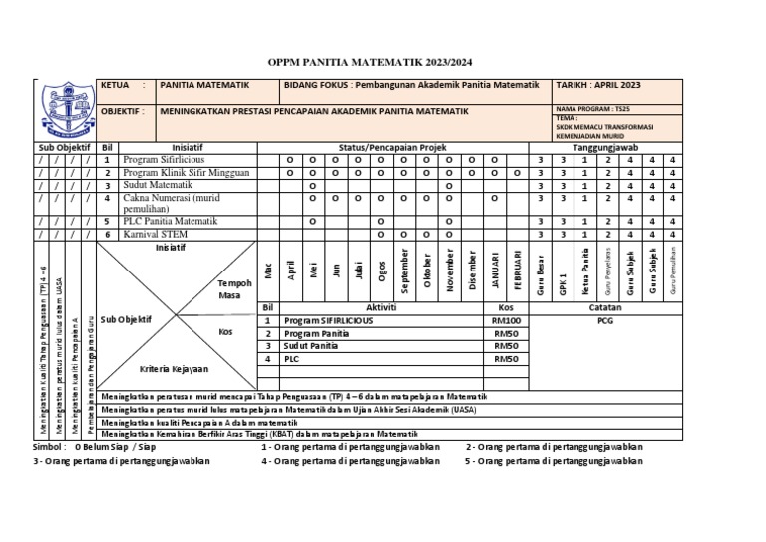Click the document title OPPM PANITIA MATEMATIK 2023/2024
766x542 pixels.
click(x=382, y=61)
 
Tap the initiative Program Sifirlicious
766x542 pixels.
click(x=166, y=160)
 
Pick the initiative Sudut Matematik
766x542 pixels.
click(x=160, y=185)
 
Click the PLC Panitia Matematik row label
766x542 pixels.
click(x=171, y=221)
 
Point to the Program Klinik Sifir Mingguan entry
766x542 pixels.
click(x=185, y=172)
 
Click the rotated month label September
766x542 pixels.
click(x=405, y=271)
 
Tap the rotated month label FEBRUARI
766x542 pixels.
click(x=517, y=271)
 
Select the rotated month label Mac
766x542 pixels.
click(x=267, y=271)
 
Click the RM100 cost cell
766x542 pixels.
click(x=506, y=321)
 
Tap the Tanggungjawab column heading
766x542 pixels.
click(x=606, y=147)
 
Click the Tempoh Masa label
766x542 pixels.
click(x=228, y=289)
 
